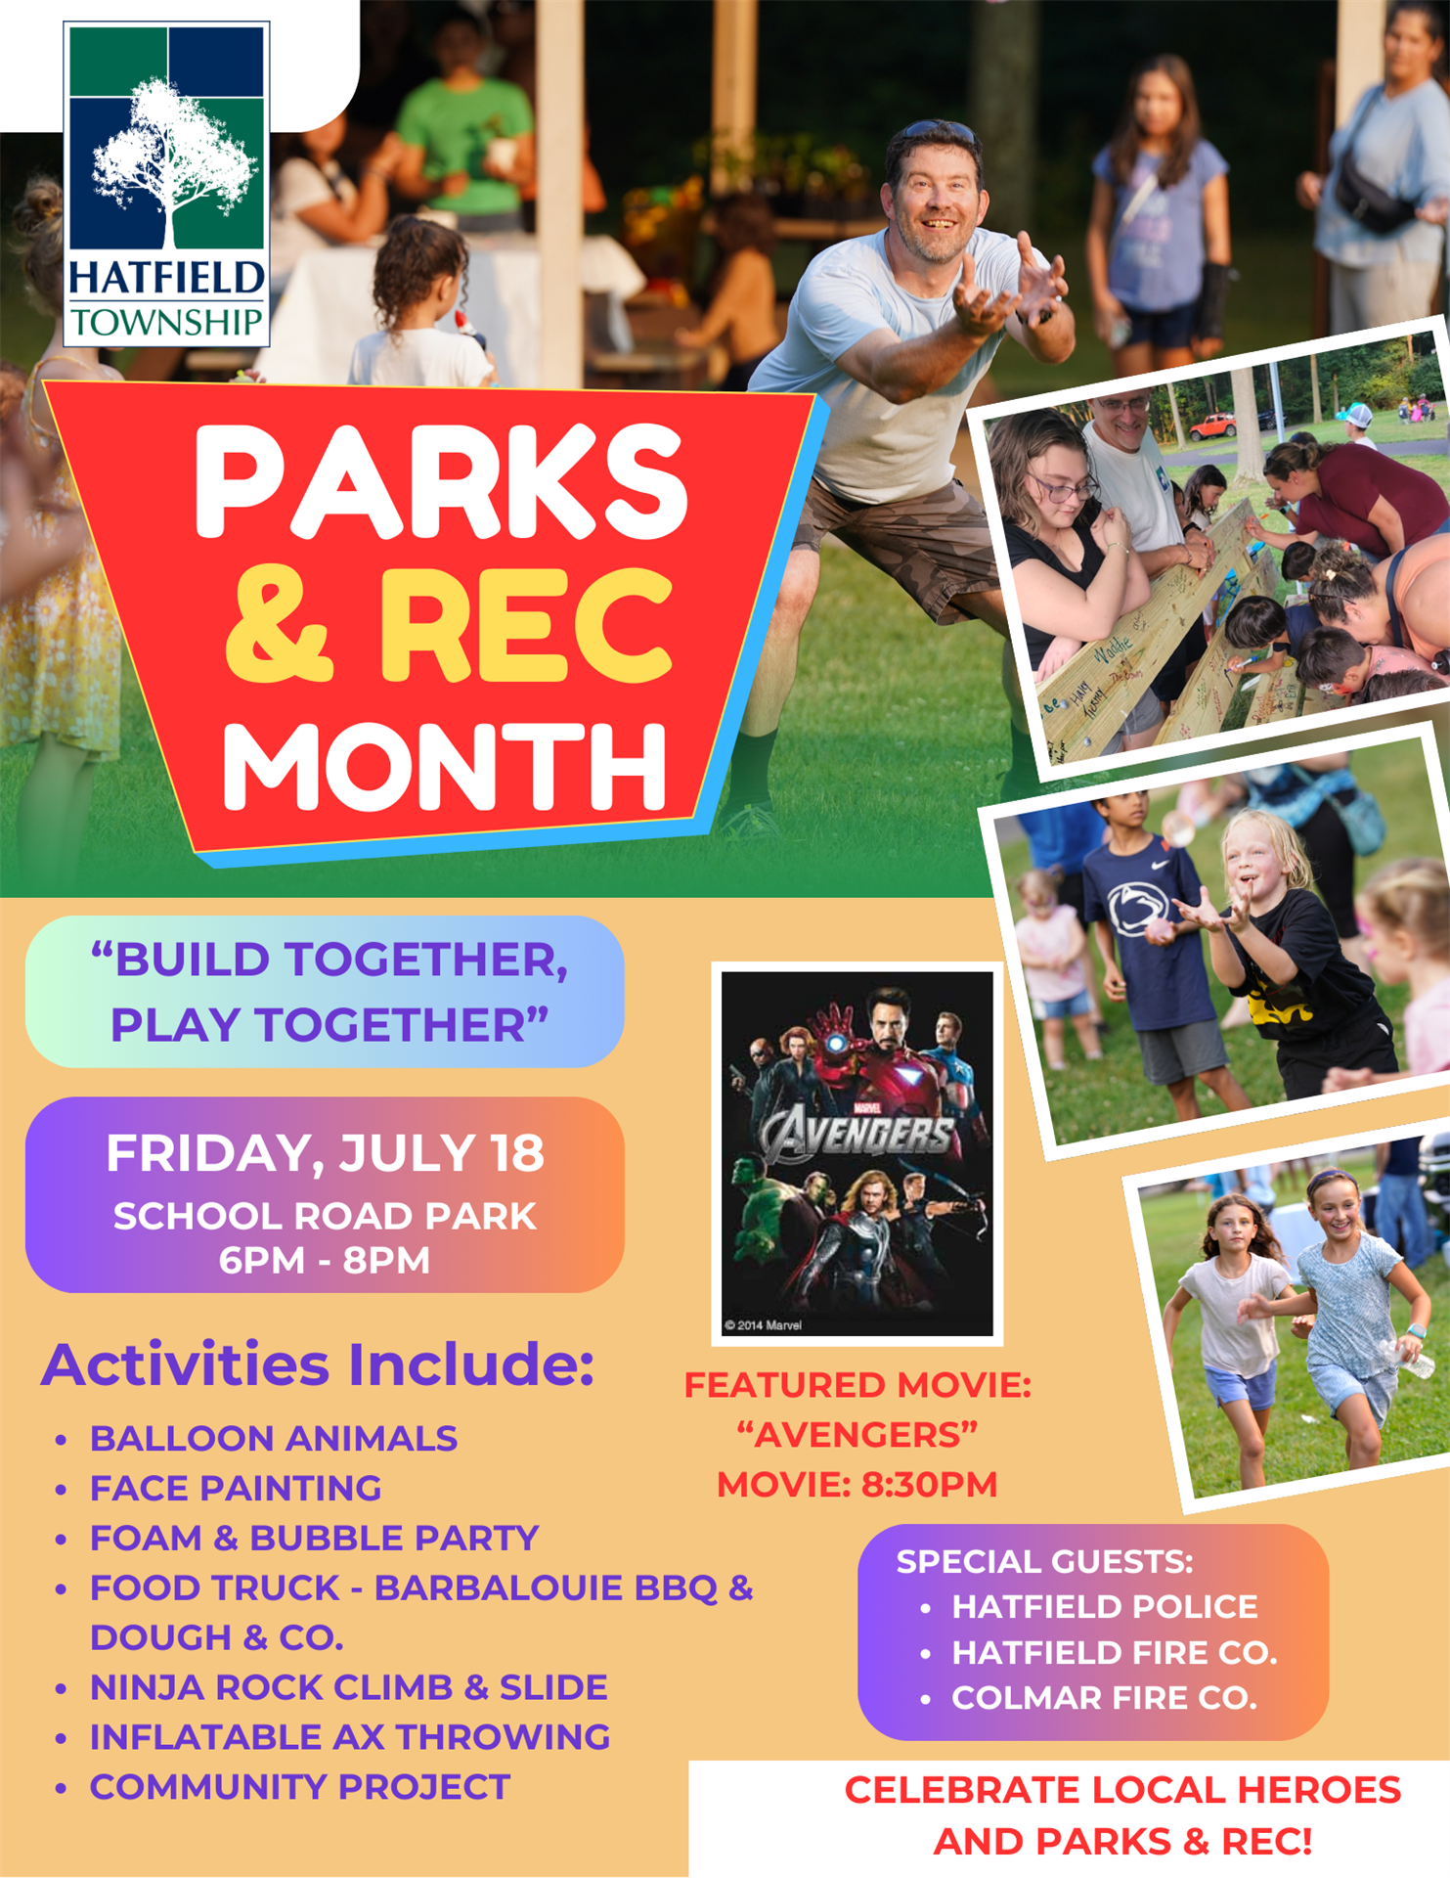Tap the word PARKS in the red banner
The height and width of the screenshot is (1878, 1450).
click(x=442, y=481)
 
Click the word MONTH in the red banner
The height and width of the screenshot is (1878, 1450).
click(x=446, y=767)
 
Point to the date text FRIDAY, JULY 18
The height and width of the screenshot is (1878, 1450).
click(x=325, y=1153)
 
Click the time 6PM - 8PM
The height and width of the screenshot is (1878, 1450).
click(x=325, y=1260)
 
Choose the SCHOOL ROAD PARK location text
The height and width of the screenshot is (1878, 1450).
click(x=325, y=1216)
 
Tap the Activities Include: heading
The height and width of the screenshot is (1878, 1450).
click(x=318, y=1364)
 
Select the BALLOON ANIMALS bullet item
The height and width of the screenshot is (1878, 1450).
click(x=274, y=1439)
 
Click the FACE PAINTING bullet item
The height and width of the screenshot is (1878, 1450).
click(x=236, y=1489)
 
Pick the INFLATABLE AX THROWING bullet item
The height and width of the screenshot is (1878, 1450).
click(x=350, y=1737)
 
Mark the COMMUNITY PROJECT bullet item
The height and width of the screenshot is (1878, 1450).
click(x=300, y=1787)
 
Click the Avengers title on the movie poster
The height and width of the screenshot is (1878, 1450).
click(x=857, y=1136)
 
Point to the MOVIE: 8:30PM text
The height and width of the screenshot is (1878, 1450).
click(x=857, y=1485)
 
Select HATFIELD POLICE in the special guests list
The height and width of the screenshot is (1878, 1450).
click(x=1105, y=1607)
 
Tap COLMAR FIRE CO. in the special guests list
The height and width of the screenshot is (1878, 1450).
click(x=1105, y=1698)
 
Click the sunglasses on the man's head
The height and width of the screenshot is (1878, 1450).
click(x=937, y=132)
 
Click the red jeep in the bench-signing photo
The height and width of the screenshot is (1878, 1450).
click(x=1211, y=426)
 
